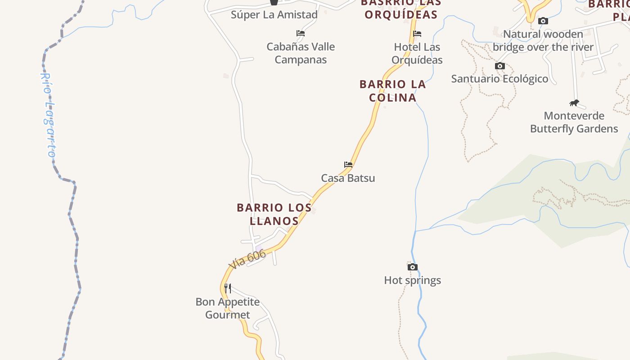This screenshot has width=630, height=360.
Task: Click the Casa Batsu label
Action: [x=348, y=178]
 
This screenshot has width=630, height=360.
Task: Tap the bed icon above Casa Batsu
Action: [x=348, y=164]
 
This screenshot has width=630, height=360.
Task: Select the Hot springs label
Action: [x=412, y=280]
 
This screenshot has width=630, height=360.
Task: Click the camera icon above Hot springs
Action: [x=412, y=267]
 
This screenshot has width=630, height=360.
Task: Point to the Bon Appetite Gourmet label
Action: [x=228, y=308]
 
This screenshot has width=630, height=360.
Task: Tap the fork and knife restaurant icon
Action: [x=228, y=288]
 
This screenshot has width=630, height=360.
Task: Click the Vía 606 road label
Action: [x=247, y=260]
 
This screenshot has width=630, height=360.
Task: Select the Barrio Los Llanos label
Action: [x=274, y=214]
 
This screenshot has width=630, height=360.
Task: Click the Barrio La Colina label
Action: [x=392, y=90]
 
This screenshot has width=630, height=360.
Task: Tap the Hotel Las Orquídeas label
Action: [x=417, y=53]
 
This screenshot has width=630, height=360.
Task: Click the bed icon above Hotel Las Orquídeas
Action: [x=417, y=33]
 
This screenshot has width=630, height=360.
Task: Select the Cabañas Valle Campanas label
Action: [x=301, y=53]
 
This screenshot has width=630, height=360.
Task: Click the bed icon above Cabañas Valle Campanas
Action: [x=301, y=33]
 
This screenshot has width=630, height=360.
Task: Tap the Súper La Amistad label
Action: [x=274, y=14]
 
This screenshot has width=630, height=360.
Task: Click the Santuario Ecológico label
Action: [x=499, y=79]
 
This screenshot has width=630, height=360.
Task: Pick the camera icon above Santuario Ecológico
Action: [x=499, y=66]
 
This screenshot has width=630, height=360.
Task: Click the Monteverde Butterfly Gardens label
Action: [x=574, y=122]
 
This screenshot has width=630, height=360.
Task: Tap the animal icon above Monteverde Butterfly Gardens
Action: [x=574, y=103]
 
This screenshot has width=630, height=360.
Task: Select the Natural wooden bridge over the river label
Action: [x=543, y=40]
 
